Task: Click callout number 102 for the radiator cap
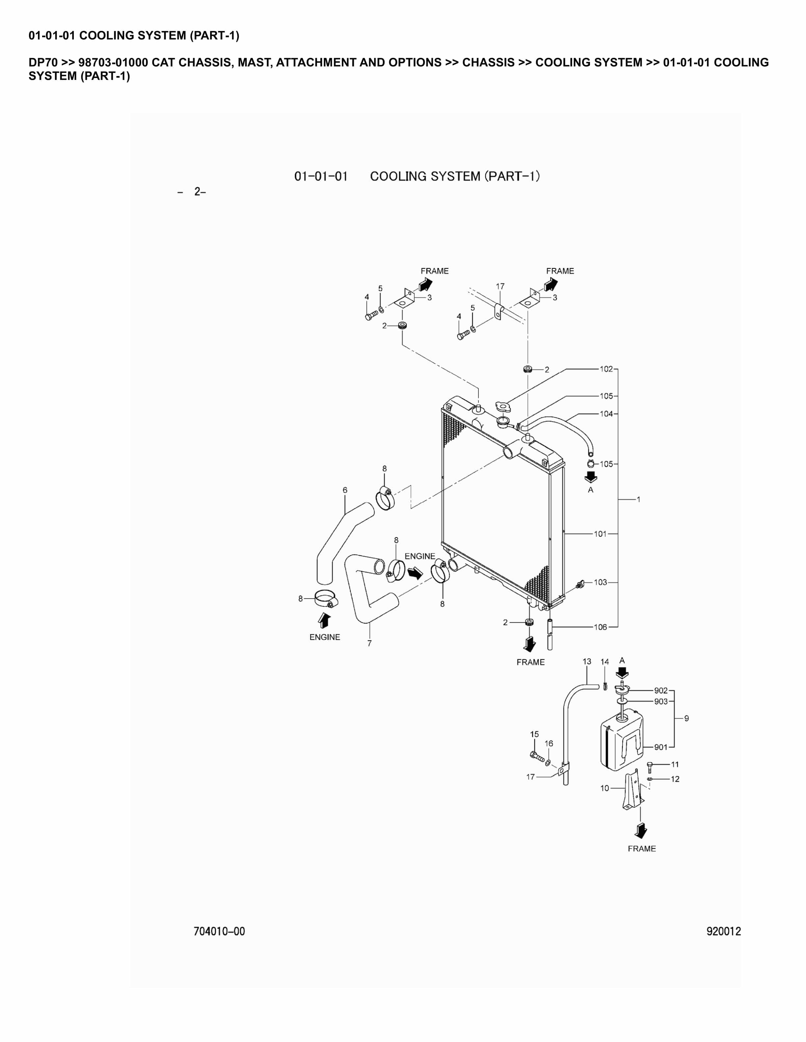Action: [x=606, y=369]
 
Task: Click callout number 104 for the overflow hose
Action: [x=606, y=414]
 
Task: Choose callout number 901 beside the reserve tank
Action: [x=661, y=747]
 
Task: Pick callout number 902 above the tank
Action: [x=661, y=690]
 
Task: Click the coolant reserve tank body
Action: [x=621, y=744]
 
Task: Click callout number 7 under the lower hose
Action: [x=369, y=644]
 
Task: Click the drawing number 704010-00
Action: [x=219, y=931]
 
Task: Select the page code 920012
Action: [x=723, y=931]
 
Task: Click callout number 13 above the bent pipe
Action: [x=587, y=661]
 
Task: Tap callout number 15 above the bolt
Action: [x=534, y=734]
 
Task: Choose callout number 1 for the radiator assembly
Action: [x=638, y=500]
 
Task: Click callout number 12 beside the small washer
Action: [x=675, y=779]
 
